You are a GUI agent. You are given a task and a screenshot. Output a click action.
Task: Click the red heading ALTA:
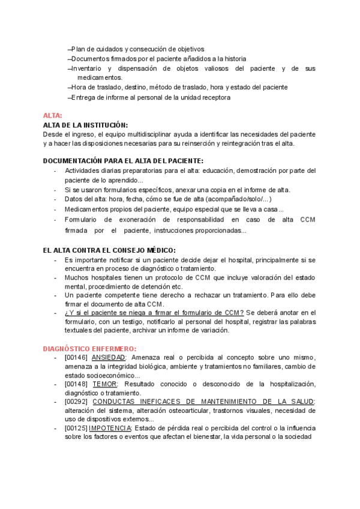pos(52,116)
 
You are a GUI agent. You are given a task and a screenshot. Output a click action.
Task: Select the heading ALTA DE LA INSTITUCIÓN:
pos(85,124)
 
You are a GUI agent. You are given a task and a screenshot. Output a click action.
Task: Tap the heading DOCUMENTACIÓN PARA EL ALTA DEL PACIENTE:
pos(123,161)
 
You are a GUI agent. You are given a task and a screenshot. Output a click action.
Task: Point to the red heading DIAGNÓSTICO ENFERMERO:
pos(89,349)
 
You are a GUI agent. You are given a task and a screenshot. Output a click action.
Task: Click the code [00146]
pos(76,358)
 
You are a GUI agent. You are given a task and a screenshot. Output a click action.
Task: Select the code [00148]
pos(76,384)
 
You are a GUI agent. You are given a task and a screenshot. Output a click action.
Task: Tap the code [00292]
pos(76,402)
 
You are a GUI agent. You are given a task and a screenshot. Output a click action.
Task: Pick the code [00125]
pos(76,428)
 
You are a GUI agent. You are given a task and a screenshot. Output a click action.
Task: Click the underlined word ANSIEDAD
pos(109,358)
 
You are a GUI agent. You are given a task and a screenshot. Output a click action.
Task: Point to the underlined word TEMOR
pos(105,384)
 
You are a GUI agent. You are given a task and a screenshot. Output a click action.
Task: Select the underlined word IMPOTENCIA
pos(110,428)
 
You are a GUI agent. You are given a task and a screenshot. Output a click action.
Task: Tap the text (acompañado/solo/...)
pos(239,199)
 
